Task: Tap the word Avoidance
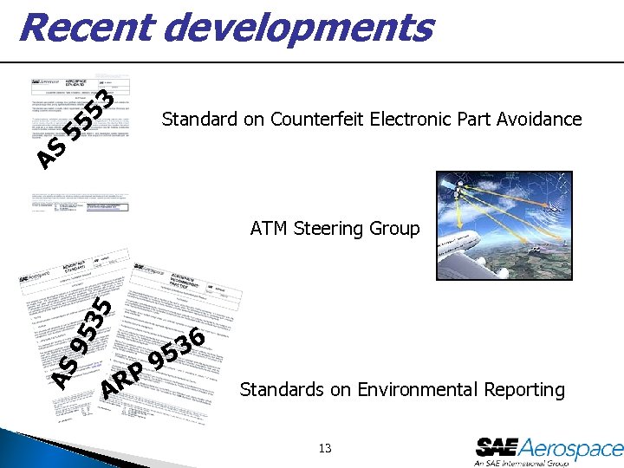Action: click(539, 119)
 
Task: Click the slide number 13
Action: click(325, 448)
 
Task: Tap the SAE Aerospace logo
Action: click(549, 448)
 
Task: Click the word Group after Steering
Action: click(395, 229)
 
